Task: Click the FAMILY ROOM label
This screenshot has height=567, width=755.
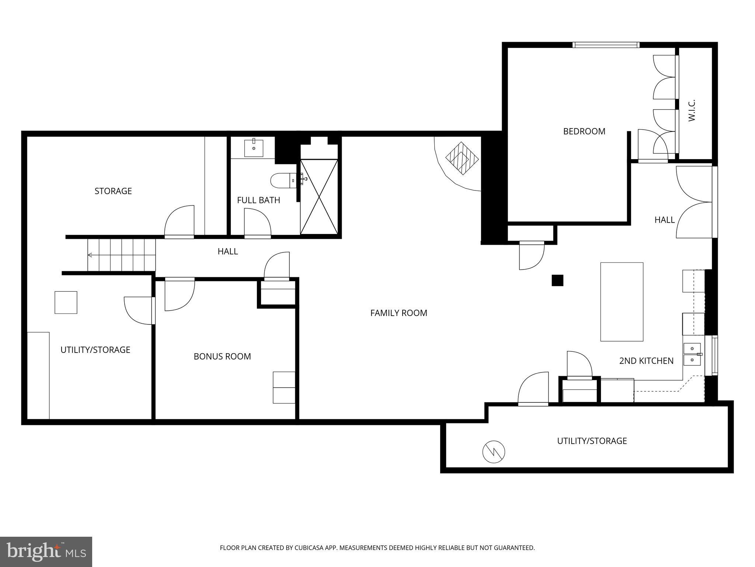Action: [399, 313]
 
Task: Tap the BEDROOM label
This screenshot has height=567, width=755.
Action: [584, 131]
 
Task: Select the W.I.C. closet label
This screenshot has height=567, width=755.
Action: [692, 110]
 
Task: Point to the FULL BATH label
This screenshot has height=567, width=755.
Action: [258, 200]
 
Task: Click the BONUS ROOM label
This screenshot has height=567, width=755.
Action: [222, 356]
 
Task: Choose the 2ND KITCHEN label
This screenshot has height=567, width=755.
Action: [646, 361]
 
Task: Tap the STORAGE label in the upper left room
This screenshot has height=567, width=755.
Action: [113, 191]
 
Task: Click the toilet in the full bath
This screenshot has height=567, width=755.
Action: [282, 181]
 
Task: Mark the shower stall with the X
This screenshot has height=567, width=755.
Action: [319, 197]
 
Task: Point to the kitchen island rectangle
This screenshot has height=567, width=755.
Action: [622, 302]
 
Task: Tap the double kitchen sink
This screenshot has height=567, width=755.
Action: [692, 354]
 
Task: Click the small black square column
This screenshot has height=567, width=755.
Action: [557, 281]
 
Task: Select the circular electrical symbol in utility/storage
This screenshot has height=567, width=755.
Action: [494, 452]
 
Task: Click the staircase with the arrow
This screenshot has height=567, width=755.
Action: [122, 255]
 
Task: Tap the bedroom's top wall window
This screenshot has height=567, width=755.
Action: [606, 45]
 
